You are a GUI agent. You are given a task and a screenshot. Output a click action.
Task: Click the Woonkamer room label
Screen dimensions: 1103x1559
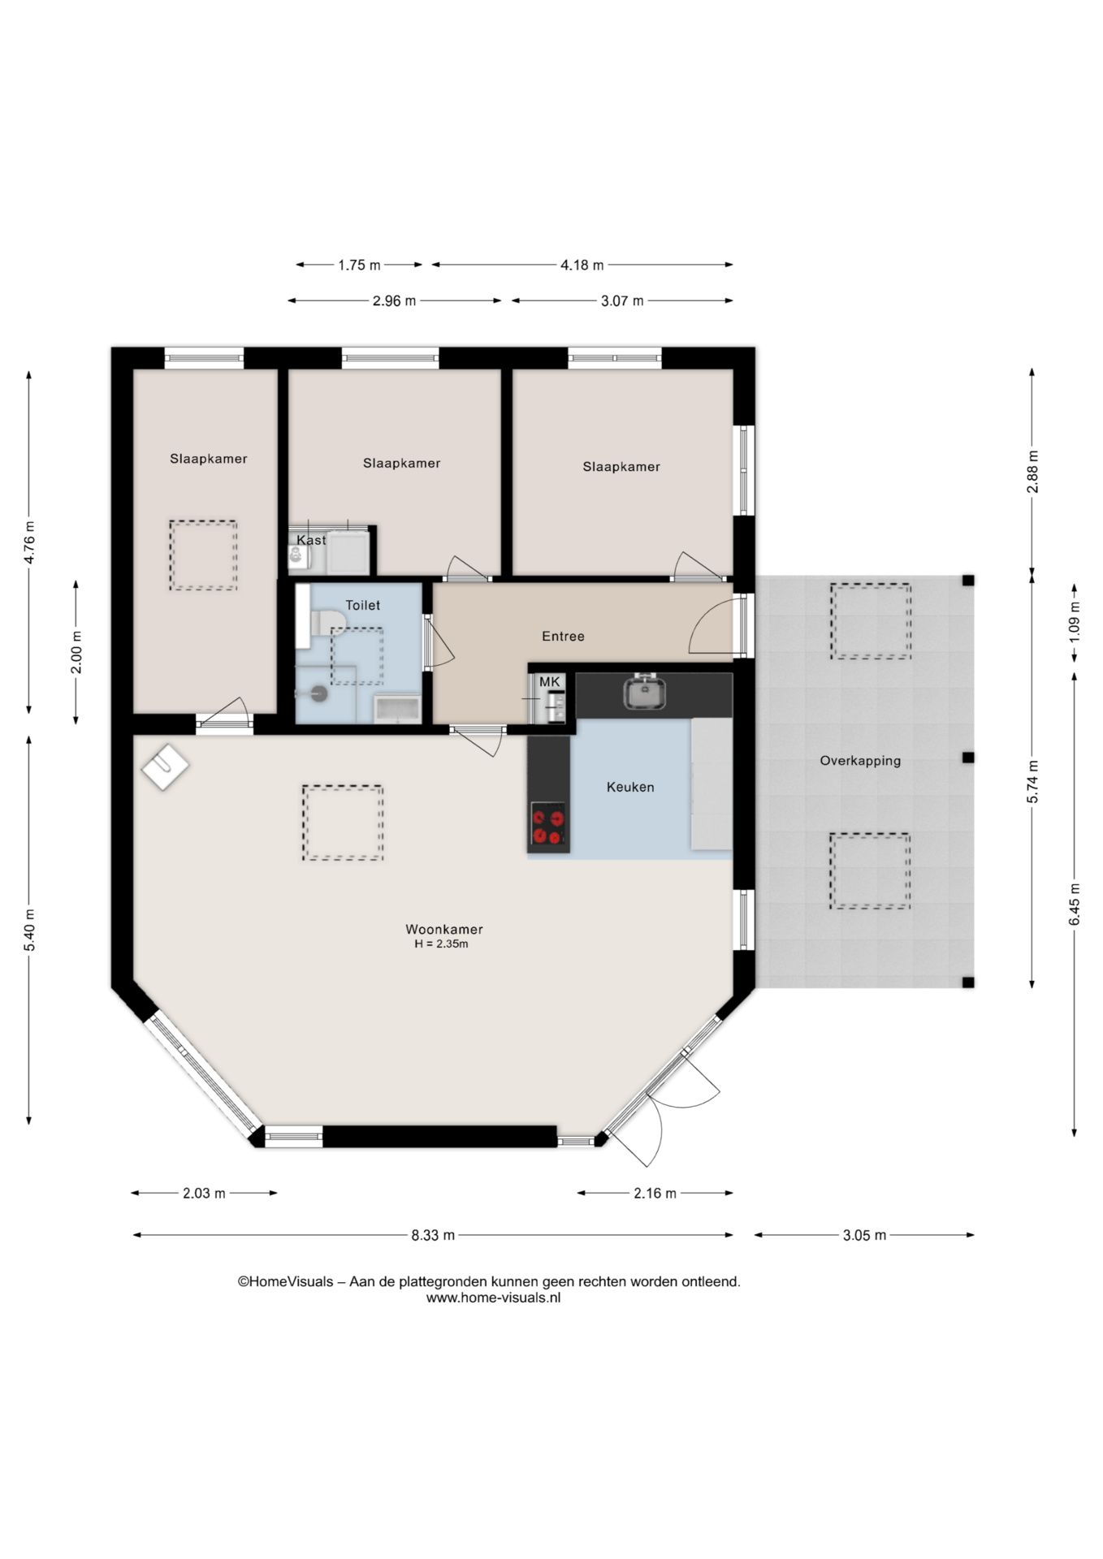[443, 929]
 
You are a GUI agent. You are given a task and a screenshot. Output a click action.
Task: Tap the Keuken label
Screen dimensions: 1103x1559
[630, 787]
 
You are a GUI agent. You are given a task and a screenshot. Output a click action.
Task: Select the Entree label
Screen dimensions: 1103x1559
[563, 636]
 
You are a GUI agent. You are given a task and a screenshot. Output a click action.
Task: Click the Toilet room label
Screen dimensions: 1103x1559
[362, 605]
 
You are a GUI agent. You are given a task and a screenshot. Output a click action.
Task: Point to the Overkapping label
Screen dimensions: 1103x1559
[860, 761]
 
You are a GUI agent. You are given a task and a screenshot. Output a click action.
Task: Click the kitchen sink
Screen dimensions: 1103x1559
[645, 693]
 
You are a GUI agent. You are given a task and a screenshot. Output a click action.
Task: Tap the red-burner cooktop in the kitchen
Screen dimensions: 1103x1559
[548, 825]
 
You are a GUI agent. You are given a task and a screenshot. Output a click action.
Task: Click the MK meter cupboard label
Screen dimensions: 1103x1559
[550, 681]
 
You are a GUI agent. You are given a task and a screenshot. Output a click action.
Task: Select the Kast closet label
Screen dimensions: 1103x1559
[311, 540]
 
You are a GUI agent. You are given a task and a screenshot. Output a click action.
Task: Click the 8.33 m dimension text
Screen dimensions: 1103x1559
[433, 1235]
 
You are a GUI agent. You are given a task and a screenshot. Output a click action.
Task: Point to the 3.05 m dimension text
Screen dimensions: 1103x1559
[864, 1235]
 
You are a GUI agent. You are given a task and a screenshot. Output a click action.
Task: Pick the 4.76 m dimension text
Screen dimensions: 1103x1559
[29, 542]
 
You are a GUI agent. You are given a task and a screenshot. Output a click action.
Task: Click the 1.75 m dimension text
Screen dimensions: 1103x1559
[359, 265]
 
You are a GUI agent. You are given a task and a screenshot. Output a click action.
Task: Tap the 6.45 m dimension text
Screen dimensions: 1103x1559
[1075, 904]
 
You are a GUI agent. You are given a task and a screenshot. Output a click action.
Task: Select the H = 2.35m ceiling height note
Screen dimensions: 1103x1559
[441, 944]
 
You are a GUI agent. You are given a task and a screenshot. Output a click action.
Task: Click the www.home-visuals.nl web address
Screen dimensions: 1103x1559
[493, 1297]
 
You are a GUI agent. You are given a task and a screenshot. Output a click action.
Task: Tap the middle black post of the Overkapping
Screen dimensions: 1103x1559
[968, 758]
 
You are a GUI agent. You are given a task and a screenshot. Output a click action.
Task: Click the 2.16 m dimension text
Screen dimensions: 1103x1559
[655, 1193]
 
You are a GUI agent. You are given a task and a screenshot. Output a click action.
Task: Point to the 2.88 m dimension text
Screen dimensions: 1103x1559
[1032, 472]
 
